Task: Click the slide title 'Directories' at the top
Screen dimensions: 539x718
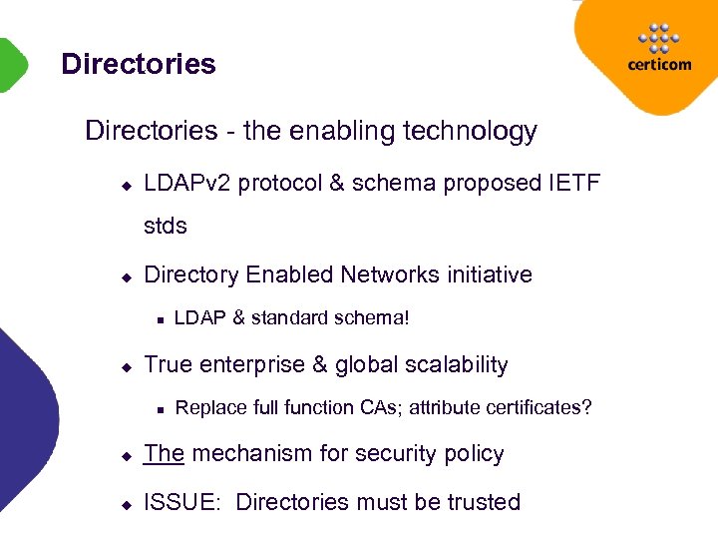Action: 138,65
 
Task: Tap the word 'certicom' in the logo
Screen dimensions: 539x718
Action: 658,65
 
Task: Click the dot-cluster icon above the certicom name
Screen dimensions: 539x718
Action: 658,37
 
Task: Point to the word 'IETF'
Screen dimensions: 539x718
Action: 574,184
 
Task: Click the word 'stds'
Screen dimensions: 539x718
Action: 166,227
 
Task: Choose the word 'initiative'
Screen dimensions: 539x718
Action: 489,274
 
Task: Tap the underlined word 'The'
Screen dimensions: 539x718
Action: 165,454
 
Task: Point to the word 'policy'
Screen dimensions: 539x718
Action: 474,454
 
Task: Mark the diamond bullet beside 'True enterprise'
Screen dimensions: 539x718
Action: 127,367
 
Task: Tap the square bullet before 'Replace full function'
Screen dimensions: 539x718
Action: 159,409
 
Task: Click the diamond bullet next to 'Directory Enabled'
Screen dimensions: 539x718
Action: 127,276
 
